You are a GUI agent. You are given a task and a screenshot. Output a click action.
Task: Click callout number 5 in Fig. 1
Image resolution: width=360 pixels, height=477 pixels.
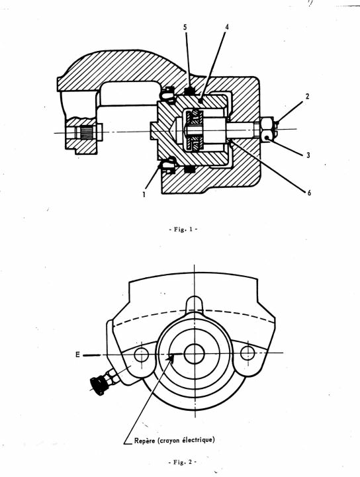185,27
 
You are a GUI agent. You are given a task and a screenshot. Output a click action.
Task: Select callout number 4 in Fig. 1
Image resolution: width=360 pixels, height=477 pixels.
227,27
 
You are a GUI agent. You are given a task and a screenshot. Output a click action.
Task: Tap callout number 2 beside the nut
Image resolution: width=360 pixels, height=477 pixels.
307,97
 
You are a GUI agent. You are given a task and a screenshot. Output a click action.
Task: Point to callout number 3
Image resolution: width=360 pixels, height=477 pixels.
308,155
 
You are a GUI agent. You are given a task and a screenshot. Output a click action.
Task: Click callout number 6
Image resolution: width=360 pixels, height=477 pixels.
309,193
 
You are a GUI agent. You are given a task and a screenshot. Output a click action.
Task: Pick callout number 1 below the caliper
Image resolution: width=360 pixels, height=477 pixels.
144,194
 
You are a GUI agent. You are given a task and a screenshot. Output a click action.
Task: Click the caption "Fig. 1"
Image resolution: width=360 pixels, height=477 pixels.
183,230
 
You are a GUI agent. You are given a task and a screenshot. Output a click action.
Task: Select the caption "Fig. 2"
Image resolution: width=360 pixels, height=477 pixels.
183,462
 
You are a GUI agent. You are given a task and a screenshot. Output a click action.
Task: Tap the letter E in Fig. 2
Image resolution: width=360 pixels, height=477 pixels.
78,355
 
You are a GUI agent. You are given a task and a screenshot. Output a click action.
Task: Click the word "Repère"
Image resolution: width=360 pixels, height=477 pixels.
145,441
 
